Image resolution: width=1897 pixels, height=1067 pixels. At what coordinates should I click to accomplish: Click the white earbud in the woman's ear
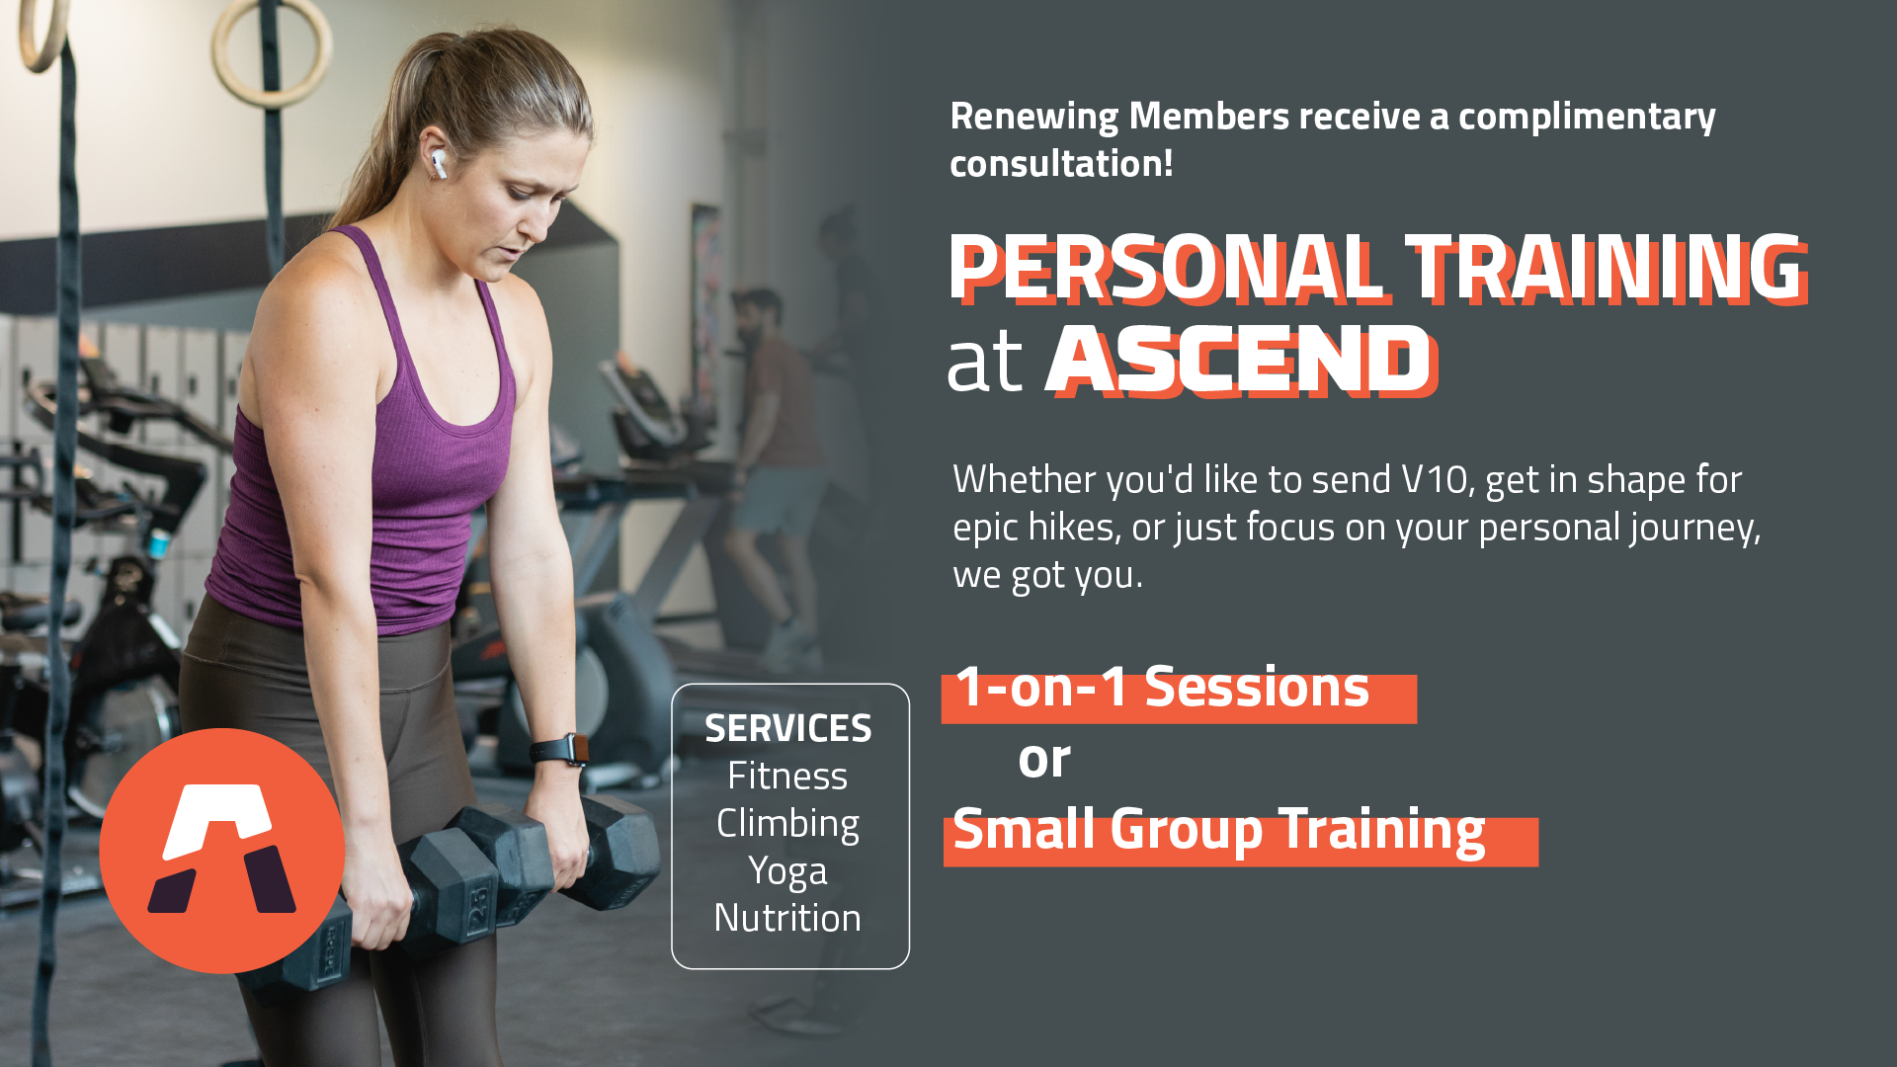click(x=438, y=164)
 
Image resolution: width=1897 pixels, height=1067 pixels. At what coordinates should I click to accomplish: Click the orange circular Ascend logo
click(x=222, y=851)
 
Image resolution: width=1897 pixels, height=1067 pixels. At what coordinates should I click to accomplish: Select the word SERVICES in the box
click(x=787, y=729)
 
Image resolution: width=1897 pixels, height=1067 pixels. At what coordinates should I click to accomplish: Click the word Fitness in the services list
click(x=787, y=777)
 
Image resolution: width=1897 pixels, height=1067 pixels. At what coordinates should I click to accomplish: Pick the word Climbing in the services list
click(x=787, y=824)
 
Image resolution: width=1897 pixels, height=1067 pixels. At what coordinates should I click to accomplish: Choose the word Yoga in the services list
click(x=787, y=871)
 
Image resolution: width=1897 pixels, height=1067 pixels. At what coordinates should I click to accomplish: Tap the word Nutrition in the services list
click(x=787, y=918)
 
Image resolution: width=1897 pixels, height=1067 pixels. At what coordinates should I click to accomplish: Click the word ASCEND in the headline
click(x=1242, y=361)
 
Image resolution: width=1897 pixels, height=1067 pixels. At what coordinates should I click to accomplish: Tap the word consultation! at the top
click(x=1061, y=164)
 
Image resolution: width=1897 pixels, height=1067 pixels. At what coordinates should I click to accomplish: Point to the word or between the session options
click(x=1044, y=761)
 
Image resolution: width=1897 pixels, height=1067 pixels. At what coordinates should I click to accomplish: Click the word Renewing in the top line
click(x=1034, y=118)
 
